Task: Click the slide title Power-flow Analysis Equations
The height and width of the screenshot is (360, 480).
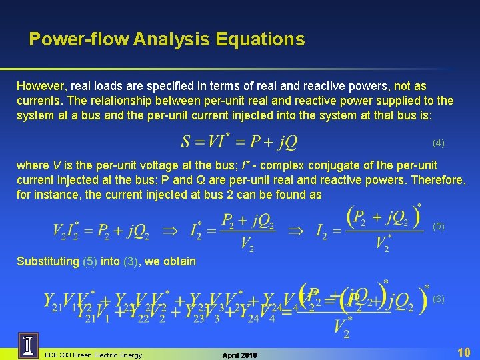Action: pos(167,39)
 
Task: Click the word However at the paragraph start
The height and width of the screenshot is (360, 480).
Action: pos(41,86)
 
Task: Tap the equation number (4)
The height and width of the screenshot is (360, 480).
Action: pos(438,143)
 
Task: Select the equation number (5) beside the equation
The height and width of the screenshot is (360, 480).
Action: pos(439,227)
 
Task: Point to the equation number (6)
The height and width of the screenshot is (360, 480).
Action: pos(439,299)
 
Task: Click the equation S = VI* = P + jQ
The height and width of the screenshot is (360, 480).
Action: pos(239,142)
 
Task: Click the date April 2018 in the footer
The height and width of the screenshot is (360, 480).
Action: pos(238,355)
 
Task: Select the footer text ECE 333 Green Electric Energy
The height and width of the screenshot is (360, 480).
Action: pos(93,355)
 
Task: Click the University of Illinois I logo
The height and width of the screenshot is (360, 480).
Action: pos(29,346)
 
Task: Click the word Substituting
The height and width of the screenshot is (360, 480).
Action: pos(47,261)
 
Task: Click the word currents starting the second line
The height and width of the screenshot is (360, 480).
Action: pos(37,101)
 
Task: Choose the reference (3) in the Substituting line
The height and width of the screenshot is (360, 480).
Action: pos(131,261)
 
